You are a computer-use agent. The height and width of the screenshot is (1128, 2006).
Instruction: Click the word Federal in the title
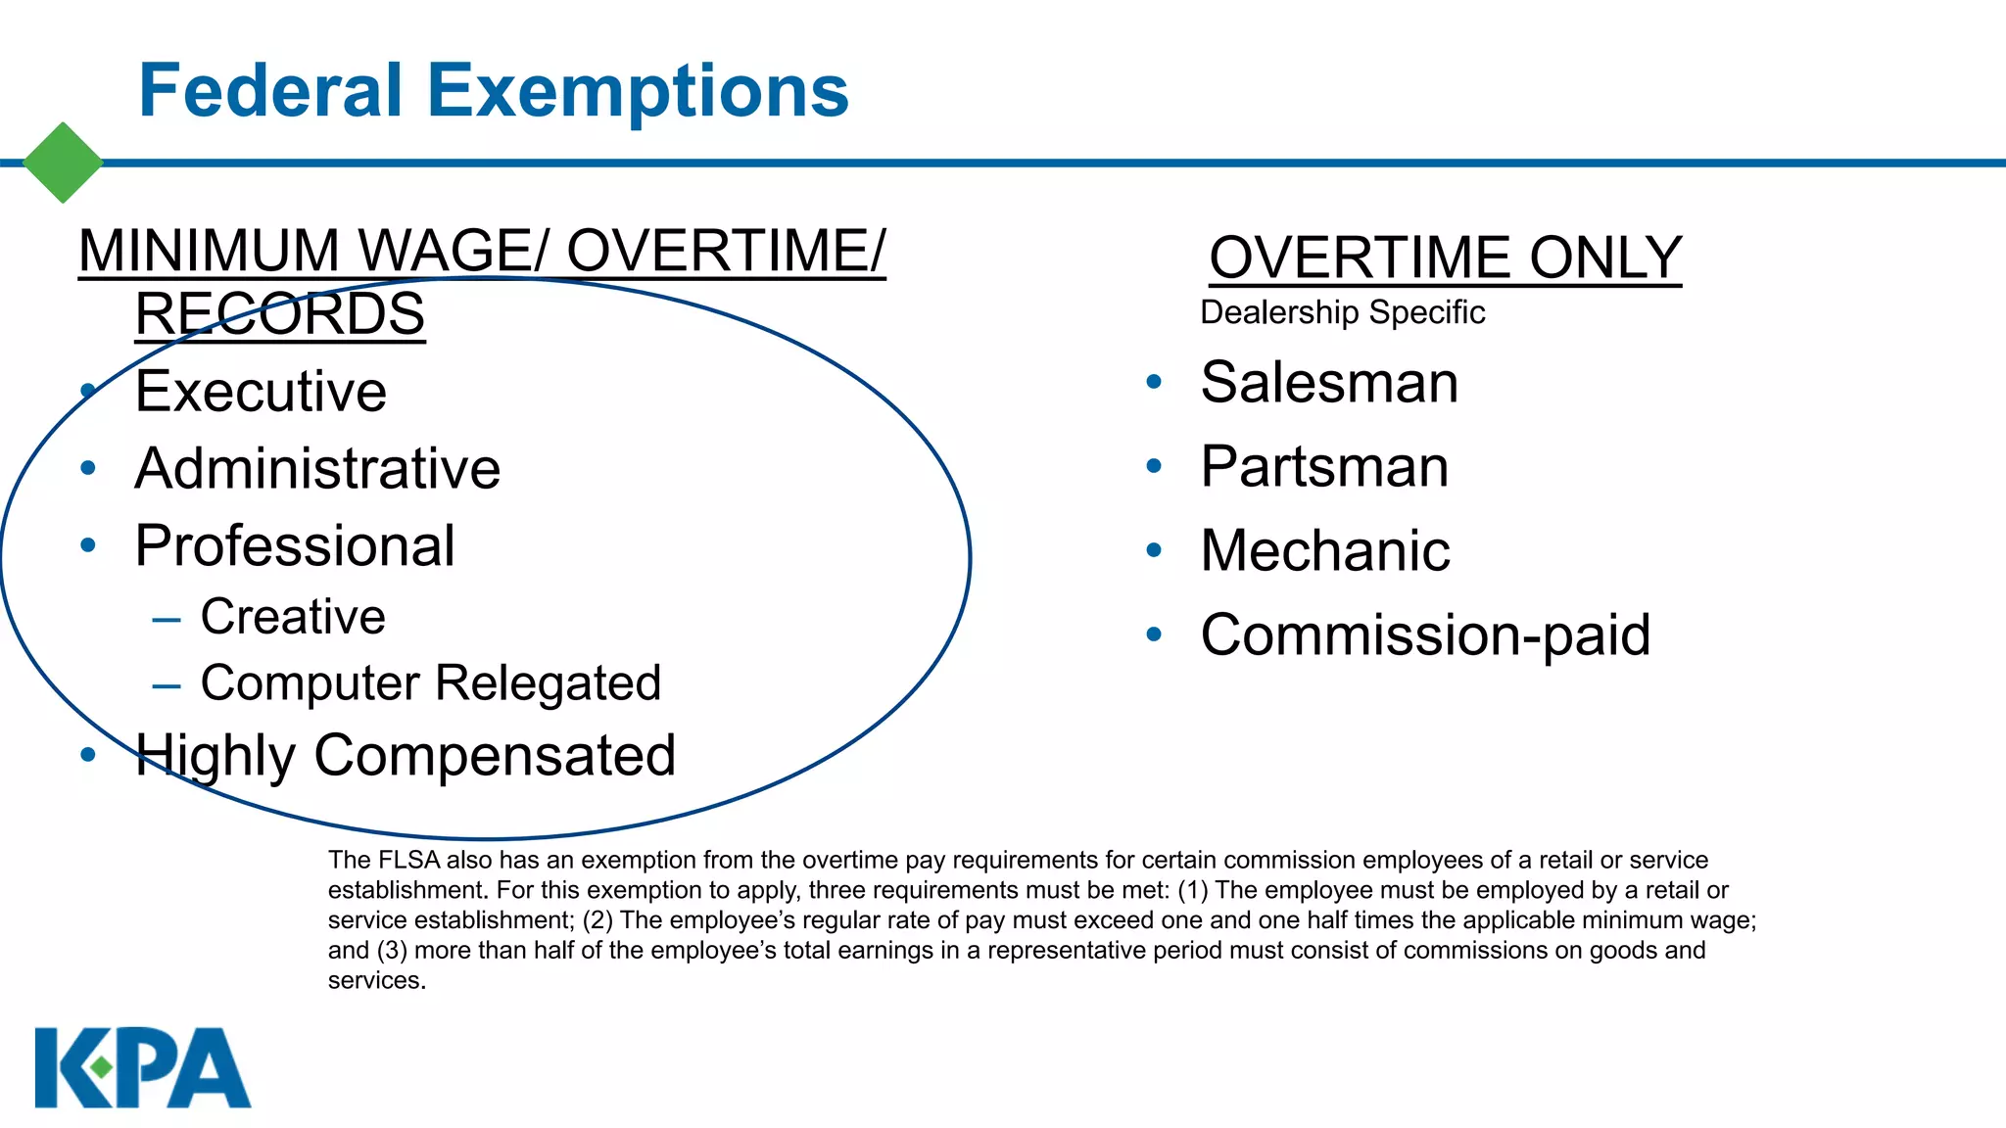(270, 91)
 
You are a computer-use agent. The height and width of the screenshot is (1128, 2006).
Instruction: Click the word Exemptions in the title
(638, 91)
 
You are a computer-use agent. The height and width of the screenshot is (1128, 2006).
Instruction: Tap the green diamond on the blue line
(63, 163)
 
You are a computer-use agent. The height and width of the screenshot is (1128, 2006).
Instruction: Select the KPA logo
(143, 1067)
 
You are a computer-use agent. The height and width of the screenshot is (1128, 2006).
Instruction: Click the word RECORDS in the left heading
(280, 314)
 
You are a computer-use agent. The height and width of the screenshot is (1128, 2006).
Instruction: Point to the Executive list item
(261, 392)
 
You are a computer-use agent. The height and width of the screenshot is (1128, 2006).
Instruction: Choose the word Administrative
(317, 468)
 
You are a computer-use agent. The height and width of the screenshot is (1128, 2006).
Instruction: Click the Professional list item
(295, 545)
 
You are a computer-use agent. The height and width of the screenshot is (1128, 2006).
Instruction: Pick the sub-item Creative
(293, 617)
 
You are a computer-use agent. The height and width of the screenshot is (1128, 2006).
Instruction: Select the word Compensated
(495, 756)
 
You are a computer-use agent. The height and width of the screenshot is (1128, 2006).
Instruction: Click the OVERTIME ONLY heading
(1445, 258)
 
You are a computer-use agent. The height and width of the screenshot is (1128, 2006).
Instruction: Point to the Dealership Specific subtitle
(1342, 312)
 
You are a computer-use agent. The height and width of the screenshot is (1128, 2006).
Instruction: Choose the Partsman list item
(1324, 466)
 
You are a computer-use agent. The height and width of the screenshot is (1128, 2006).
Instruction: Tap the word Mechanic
(1325, 550)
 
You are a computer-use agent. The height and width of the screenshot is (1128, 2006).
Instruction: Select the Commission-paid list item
(1425, 634)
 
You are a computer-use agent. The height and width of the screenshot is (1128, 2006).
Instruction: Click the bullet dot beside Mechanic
(1154, 550)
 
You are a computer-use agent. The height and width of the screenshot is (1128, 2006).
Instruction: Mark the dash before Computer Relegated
(167, 685)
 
